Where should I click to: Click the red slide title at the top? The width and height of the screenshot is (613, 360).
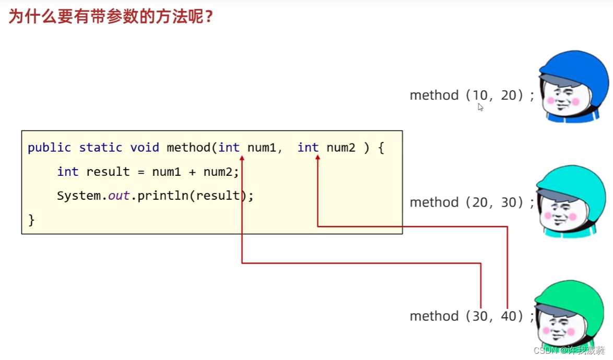tap(111, 17)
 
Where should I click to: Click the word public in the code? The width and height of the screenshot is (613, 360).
tap(49, 148)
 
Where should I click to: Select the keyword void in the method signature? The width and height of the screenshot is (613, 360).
tap(145, 148)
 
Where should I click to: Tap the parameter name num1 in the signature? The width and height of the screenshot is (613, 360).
tap(261, 148)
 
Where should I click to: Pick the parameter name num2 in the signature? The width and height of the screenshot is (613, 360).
tap(341, 148)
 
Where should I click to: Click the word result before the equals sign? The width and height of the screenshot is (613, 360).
tap(108, 172)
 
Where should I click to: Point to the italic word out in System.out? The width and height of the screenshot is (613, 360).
tap(118, 196)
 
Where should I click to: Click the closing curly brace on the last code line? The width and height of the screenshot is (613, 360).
tap(31, 220)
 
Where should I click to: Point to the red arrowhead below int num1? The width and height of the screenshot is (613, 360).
tap(242, 158)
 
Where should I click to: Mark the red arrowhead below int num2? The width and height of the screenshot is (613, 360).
tap(317, 158)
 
